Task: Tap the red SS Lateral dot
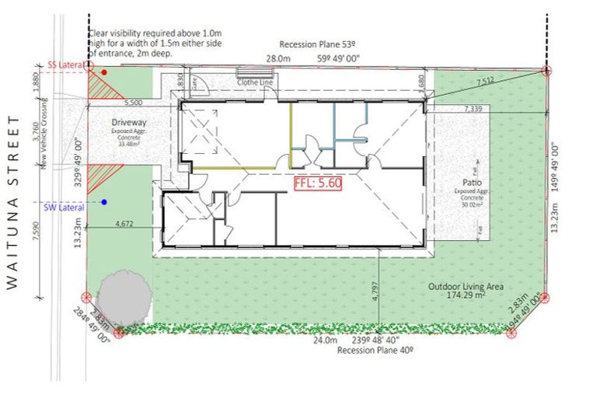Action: coord(103,72)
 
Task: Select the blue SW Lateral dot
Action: coord(103,202)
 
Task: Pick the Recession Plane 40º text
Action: coord(374,351)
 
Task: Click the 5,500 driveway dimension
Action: coord(133,102)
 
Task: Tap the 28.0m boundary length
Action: coord(277,58)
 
